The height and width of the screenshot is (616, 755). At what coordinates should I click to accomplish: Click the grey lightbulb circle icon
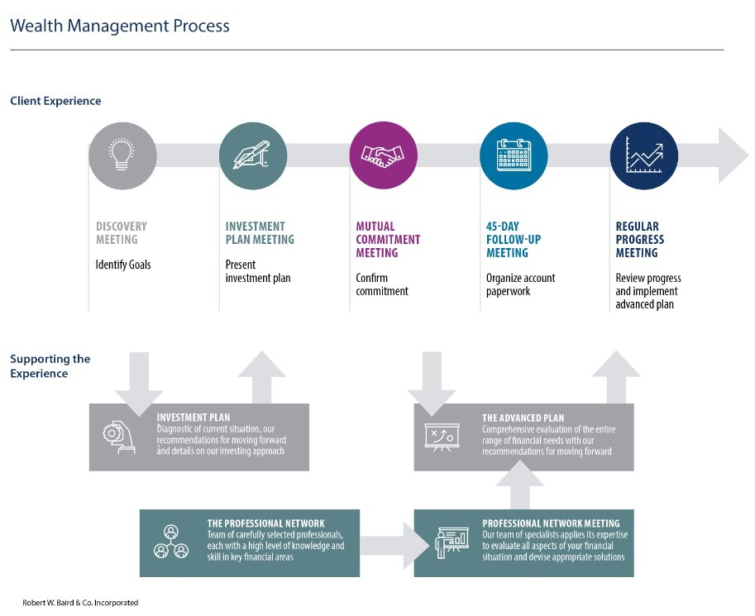122,155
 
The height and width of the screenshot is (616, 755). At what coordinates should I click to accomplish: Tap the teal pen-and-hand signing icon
253,155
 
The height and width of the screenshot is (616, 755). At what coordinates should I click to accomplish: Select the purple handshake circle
383,155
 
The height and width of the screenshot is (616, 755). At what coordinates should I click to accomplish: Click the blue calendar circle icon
514,155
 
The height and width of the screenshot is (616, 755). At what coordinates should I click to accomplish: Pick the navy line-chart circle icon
644,155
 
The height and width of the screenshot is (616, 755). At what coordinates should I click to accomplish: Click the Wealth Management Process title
120,26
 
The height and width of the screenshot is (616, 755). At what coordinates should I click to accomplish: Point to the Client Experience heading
56,101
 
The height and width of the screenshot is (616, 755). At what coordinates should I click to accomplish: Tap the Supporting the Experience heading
50,366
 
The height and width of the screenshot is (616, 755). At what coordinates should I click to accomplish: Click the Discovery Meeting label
122,233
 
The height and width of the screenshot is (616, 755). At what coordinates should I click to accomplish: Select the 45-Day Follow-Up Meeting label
514,239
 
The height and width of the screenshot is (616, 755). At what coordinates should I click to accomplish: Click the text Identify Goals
123,265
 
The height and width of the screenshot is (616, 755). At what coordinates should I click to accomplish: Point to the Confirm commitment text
382,284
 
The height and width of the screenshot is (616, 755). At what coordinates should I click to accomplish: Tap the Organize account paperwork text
520,284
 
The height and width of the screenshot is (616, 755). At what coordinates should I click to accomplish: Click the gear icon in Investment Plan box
118,437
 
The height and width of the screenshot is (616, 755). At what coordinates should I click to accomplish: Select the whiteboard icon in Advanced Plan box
442,437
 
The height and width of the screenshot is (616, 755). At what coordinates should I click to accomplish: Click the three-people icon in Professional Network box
171,542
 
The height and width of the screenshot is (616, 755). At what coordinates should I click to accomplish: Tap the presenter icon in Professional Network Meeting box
452,542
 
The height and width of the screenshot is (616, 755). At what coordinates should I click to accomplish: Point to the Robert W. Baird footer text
80,603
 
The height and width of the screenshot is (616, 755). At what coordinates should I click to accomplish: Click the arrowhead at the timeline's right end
733,155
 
